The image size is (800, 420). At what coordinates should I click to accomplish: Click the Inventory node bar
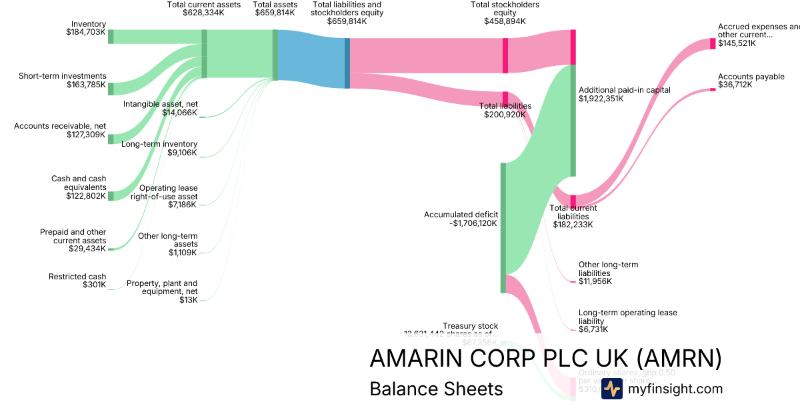click(111, 36)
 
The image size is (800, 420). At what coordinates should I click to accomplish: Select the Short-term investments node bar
click(111, 89)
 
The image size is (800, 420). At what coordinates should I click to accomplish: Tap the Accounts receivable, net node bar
click(111, 139)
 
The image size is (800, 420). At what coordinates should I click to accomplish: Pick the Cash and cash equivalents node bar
click(111, 195)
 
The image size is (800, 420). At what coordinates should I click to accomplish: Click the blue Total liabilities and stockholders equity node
click(347, 63)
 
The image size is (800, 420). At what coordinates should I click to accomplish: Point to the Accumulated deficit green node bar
click(503, 227)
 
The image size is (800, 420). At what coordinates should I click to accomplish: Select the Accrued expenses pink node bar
click(713, 43)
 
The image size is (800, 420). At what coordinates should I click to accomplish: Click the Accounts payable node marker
click(713, 89)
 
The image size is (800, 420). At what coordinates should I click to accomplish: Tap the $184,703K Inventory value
click(86, 32)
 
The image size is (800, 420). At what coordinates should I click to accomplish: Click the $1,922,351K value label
click(601, 99)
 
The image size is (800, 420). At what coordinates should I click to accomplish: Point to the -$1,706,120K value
click(473, 224)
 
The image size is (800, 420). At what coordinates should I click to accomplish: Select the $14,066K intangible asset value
click(179, 113)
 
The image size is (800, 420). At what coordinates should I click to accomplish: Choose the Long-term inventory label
click(159, 144)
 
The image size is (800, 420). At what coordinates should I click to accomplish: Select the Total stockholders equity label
click(505, 9)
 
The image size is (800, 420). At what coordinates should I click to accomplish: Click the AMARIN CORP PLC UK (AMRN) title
click(545, 359)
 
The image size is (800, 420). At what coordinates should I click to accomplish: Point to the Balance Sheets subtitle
click(436, 389)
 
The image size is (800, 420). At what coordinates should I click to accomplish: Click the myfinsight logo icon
click(611, 389)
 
